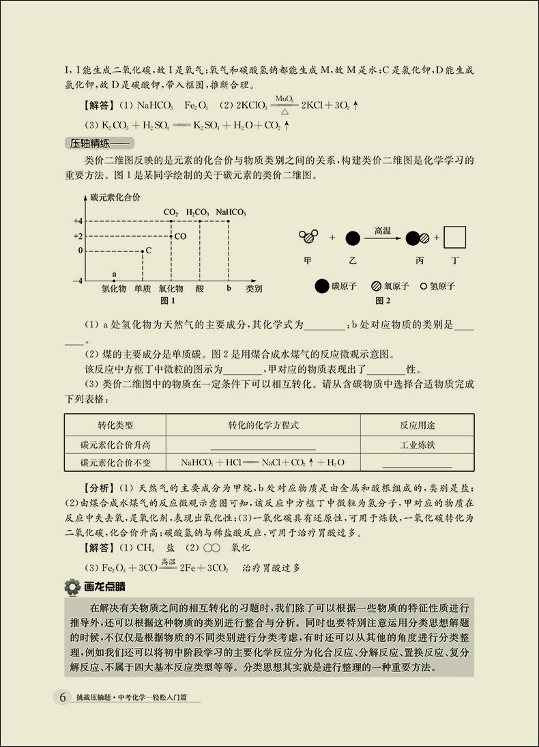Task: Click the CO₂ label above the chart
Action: click(x=171, y=212)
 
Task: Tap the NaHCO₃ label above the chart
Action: click(x=231, y=212)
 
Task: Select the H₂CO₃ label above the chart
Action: click(x=198, y=212)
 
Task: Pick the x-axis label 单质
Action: click(x=143, y=289)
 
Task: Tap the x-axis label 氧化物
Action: click(x=171, y=289)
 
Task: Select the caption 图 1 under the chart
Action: click(x=168, y=300)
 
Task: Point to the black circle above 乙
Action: click(x=353, y=238)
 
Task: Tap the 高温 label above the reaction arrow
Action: click(x=382, y=231)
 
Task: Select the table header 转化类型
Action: click(x=115, y=425)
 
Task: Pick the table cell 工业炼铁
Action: click(x=417, y=445)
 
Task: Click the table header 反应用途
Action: click(x=417, y=425)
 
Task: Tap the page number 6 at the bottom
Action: click(x=63, y=697)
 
